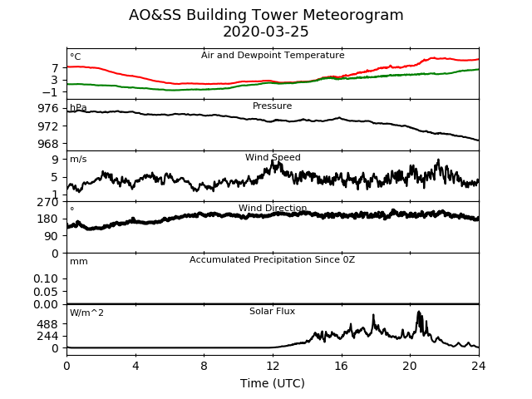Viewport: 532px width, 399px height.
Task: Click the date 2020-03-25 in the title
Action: [x=266, y=32]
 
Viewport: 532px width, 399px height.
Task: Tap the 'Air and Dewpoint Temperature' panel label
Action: [x=273, y=56]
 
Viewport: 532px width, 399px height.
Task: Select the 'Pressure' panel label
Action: [x=272, y=106]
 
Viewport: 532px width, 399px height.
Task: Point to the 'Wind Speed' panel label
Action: [x=273, y=157]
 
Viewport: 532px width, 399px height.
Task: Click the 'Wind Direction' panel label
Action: [x=273, y=208]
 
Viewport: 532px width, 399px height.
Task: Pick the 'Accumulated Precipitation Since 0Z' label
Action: [x=272, y=260]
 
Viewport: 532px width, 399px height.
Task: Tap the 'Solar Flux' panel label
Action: [x=272, y=311]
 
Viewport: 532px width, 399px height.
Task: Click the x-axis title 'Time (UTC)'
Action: [x=273, y=383]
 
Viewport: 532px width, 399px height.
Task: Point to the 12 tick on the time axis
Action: [x=273, y=366]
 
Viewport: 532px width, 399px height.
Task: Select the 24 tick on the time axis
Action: [x=479, y=366]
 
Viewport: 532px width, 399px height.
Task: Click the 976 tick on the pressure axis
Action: [x=48, y=109]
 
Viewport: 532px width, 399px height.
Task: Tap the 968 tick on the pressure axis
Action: [x=48, y=144]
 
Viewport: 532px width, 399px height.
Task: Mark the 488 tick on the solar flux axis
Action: [x=48, y=324]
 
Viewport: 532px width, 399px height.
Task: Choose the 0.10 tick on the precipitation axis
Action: [x=46, y=279]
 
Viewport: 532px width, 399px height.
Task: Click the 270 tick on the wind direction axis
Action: [x=48, y=203]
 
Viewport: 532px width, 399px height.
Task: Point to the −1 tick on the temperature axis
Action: [x=50, y=92]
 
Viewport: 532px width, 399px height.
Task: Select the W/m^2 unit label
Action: [x=86, y=313]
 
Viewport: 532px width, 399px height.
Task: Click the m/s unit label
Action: [x=78, y=159]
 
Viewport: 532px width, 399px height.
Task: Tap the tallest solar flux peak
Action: [x=419, y=312]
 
